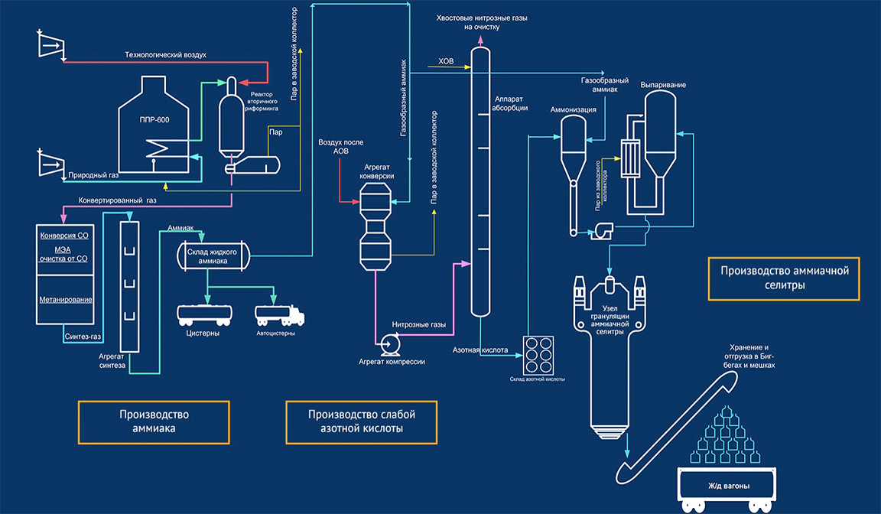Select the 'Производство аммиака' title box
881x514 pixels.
(x=154, y=421)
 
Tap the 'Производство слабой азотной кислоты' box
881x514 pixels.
(x=362, y=421)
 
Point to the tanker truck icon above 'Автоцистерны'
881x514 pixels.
(x=278, y=314)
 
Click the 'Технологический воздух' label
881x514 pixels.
(x=166, y=55)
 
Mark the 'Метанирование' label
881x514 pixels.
(x=66, y=300)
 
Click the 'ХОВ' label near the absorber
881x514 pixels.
(x=446, y=61)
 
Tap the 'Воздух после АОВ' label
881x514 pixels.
(x=340, y=147)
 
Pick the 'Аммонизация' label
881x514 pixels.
(x=573, y=109)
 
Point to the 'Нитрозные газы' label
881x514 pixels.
(x=419, y=325)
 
